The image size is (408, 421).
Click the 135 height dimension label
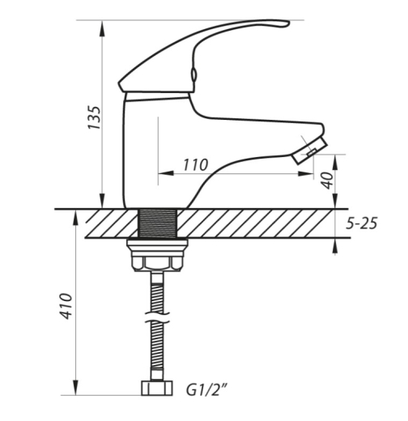point(95,117)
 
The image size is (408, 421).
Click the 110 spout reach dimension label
point(196,165)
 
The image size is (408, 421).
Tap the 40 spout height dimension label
point(327,181)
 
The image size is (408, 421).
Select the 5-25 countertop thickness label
point(361,223)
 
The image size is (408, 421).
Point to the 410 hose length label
point(66,306)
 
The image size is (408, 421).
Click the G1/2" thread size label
point(206,389)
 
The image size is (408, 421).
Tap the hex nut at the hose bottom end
point(157,389)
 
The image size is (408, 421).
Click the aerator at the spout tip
point(310,151)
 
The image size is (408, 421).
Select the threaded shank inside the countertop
point(157,223)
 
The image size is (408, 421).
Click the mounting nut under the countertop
point(157,255)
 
